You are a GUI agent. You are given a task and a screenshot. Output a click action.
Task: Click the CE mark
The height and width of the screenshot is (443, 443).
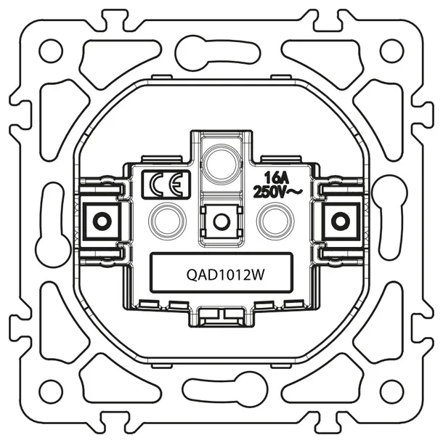[x=167, y=184]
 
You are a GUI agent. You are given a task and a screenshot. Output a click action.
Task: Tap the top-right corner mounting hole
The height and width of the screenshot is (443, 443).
[x=391, y=51]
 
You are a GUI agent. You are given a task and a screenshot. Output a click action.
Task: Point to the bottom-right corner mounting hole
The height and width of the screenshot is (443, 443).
[x=391, y=392]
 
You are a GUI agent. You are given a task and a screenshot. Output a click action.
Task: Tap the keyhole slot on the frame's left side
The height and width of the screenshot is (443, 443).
[x=52, y=222]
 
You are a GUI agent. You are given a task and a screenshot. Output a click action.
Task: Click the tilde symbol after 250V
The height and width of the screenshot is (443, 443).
[x=297, y=192]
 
